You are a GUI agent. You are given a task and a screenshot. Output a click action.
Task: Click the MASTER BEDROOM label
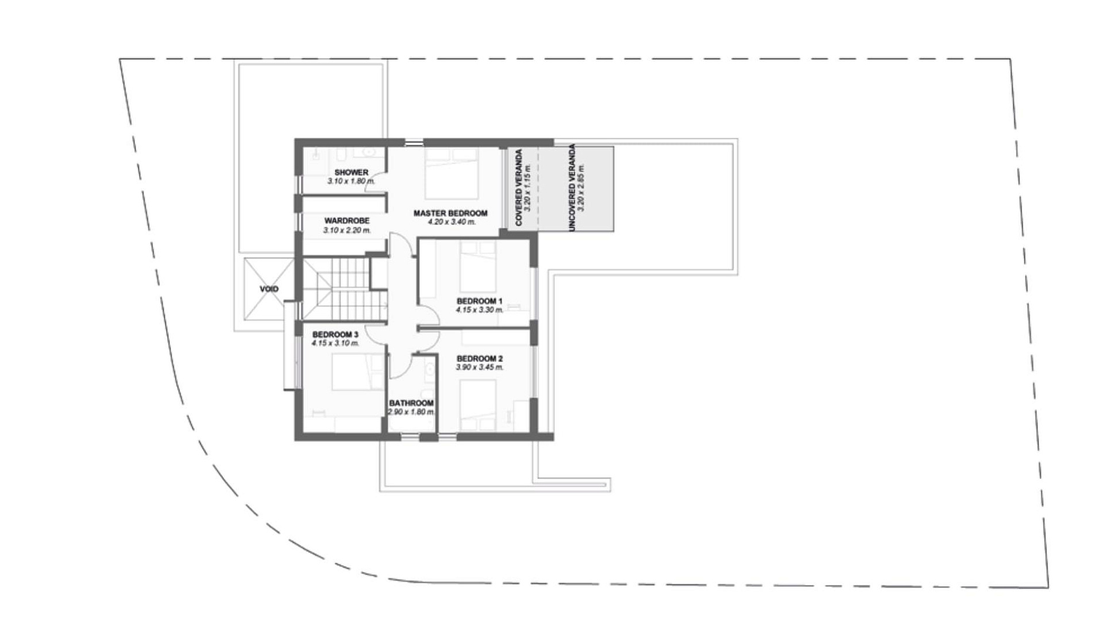coord(450,213)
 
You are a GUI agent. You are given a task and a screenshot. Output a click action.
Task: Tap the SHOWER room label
coord(351,172)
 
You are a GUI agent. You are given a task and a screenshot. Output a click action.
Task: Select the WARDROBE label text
coord(346,221)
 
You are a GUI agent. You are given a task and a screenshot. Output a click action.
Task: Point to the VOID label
coord(269,289)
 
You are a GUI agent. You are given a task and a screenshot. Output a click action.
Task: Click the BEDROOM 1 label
coord(480,301)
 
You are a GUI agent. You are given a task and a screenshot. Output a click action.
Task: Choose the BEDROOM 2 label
coord(480,359)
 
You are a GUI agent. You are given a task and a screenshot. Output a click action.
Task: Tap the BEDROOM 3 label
coord(335,335)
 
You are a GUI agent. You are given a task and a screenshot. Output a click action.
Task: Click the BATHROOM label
coord(411,404)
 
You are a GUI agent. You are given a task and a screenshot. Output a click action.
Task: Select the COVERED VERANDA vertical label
coord(519,188)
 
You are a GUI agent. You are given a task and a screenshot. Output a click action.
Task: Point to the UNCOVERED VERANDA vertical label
coord(572,188)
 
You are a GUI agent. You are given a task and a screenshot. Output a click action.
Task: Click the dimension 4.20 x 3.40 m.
coord(452,222)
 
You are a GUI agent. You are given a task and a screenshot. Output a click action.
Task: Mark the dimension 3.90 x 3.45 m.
coord(480,367)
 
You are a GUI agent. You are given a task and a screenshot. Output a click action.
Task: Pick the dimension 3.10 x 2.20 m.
coord(347,230)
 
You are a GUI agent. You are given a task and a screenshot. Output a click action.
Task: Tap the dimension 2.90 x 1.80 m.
coord(411,412)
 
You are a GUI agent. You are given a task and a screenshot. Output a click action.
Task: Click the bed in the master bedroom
coord(452,173)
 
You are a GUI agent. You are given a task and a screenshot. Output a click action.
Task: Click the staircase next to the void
coord(345,288)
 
